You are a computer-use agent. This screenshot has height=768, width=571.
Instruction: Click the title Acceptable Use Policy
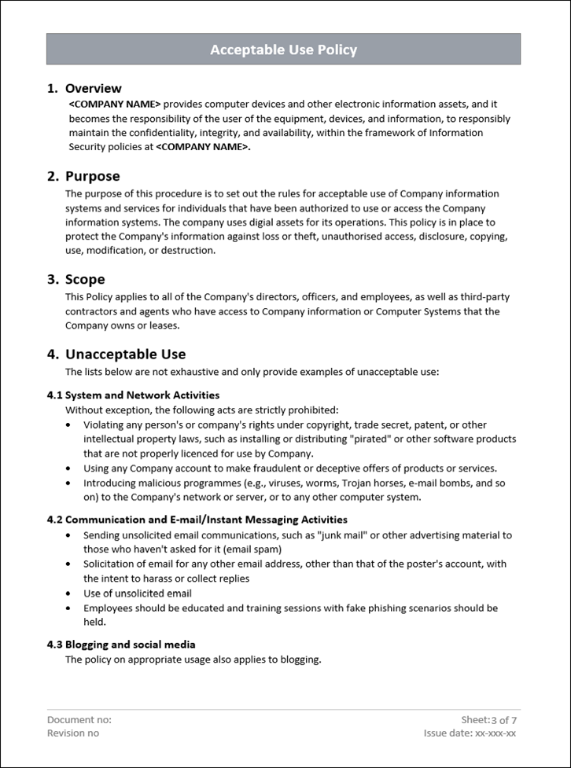(283, 50)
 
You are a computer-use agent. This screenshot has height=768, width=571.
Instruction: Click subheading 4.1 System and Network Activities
(133, 395)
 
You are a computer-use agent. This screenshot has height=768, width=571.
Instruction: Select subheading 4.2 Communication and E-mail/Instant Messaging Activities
(197, 520)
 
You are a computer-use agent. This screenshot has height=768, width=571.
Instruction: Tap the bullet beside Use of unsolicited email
(69, 593)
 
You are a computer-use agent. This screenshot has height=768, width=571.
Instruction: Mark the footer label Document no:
(79, 719)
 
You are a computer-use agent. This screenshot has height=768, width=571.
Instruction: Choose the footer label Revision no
(73, 733)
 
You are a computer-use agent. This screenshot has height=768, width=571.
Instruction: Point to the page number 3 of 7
(504, 719)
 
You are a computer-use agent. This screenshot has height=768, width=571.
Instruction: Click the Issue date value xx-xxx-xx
(495, 733)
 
